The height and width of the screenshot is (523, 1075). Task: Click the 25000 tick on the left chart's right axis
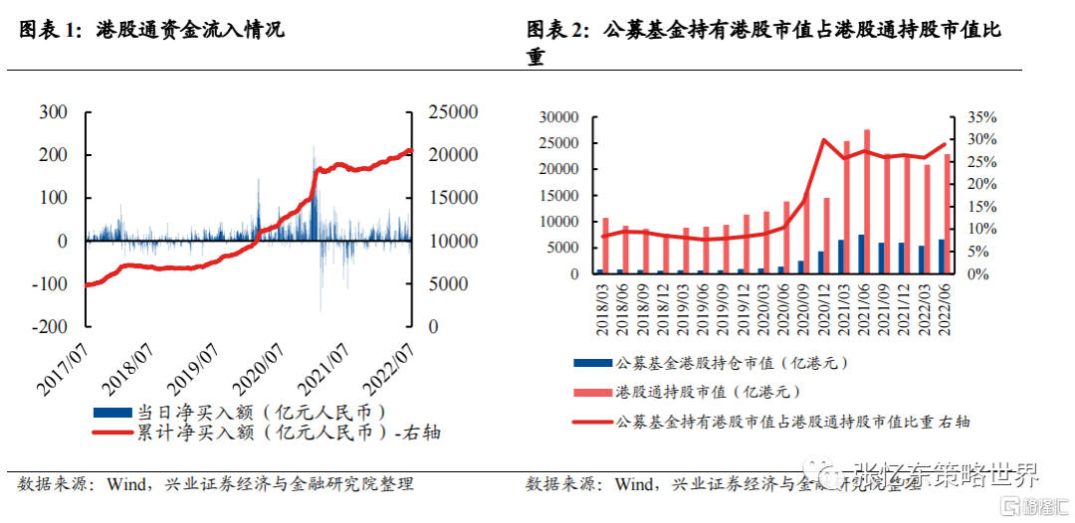453,112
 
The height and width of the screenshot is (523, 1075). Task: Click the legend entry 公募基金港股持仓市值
732,364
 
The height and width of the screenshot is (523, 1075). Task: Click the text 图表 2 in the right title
556,30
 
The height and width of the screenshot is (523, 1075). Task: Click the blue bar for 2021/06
861,255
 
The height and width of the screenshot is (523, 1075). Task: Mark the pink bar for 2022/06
947,214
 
